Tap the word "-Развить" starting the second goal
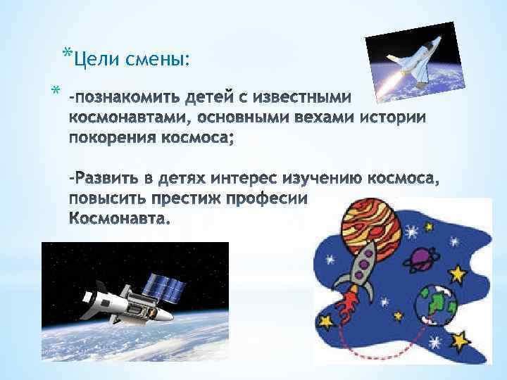(x=102, y=178)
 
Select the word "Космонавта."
(x=120, y=219)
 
